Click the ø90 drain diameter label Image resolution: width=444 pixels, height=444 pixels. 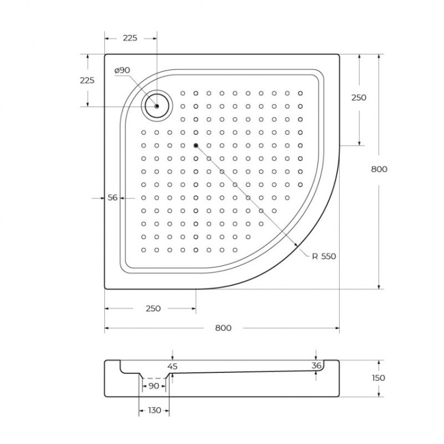(x=122, y=70)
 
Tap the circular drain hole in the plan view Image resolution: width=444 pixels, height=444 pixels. (x=157, y=106)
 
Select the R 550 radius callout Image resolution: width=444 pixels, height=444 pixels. (x=324, y=256)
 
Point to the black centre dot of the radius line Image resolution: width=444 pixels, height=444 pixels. (x=195, y=145)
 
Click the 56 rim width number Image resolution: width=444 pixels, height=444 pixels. (x=112, y=198)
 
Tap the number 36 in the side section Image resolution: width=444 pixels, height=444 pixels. (x=317, y=366)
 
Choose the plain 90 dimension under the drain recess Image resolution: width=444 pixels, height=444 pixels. (x=154, y=386)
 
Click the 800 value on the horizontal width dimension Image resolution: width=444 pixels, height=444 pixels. (x=223, y=328)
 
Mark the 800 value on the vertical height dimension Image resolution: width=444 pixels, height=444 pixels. (x=378, y=169)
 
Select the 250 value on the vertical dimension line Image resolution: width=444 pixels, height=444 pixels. (x=359, y=98)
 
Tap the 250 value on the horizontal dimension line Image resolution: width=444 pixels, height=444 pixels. (x=153, y=308)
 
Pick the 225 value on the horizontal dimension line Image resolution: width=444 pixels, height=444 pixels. (x=130, y=38)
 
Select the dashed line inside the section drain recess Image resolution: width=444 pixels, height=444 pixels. (x=155, y=378)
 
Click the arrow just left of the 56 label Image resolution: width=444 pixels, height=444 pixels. (x=101, y=198)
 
